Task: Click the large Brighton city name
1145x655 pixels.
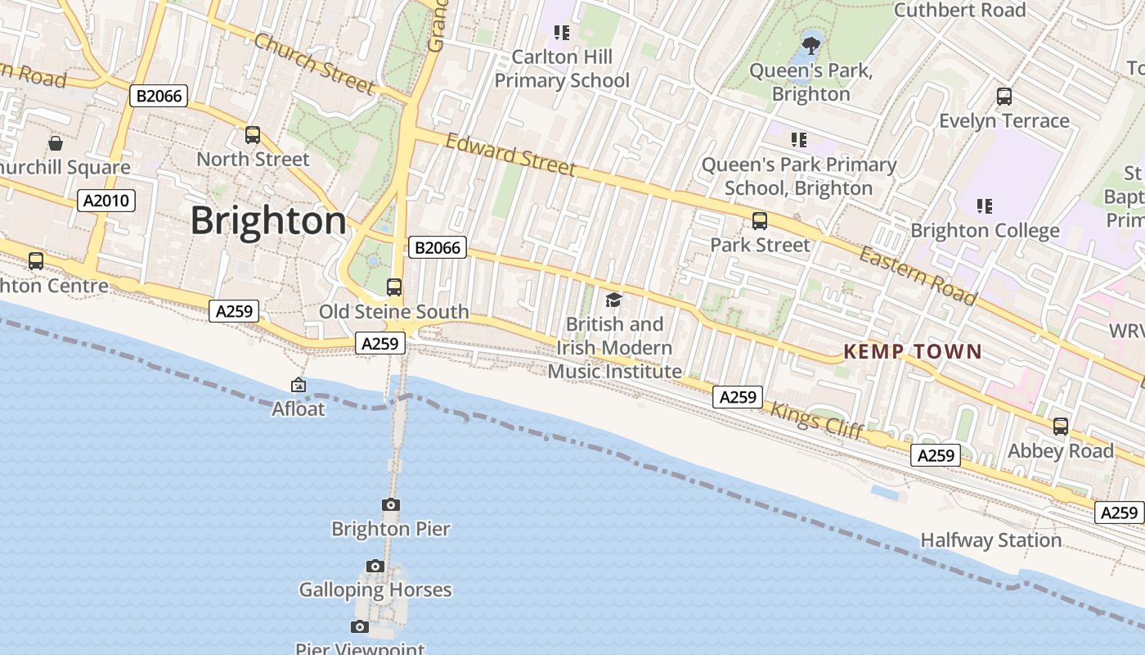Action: tap(269, 221)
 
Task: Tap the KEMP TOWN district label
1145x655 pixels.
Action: tap(912, 352)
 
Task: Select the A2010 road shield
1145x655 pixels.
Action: tap(106, 201)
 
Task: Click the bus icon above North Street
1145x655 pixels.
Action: tap(253, 135)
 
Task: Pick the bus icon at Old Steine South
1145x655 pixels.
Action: tap(394, 287)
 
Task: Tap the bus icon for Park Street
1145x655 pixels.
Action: tap(760, 221)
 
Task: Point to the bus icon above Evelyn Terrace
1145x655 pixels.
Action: tap(1004, 97)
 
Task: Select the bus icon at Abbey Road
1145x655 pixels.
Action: tap(1061, 427)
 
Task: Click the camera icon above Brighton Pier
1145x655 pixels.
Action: tap(391, 504)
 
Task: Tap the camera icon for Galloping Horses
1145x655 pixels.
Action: tap(375, 566)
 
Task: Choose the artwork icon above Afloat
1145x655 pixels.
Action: tap(299, 385)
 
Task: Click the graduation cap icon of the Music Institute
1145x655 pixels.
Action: tap(614, 300)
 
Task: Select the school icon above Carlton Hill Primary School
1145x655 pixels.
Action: tap(561, 33)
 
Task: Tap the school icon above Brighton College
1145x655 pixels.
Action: tap(985, 206)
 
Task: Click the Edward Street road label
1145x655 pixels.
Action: tap(511, 155)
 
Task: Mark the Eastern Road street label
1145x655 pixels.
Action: tap(918, 275)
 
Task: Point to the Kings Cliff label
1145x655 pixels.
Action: tap(818, 422)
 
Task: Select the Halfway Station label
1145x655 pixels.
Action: tap(991, 540)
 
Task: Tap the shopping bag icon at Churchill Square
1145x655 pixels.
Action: tap(56, 143)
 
